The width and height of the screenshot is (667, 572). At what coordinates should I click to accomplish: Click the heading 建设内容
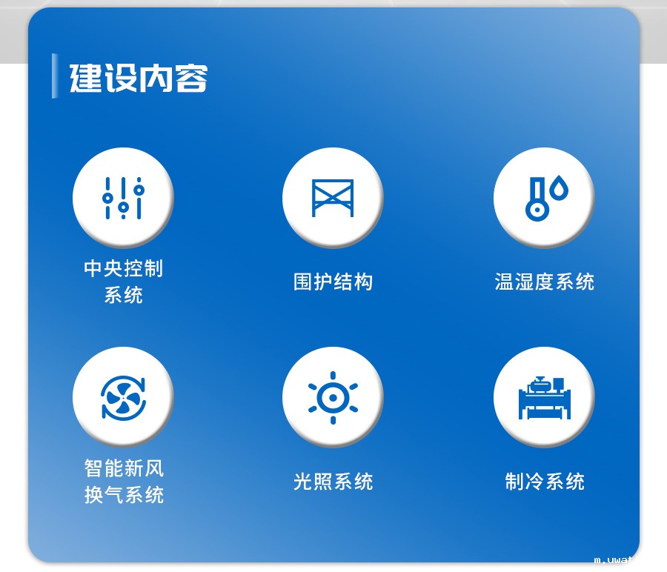point(139,78)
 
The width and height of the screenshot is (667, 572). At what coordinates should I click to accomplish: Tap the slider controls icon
point(123,198)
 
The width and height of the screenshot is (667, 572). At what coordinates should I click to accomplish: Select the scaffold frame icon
point(333,198)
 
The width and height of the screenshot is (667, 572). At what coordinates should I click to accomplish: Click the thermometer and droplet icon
point(545,198)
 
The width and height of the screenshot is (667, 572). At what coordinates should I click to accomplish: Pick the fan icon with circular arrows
point(123,398)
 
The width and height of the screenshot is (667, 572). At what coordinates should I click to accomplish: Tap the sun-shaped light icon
point(333,398)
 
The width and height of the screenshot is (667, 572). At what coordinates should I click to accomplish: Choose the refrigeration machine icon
point(545,398)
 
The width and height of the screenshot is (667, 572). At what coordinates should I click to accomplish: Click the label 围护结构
point(333,282)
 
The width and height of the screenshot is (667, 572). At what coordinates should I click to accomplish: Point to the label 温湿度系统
point(545,282)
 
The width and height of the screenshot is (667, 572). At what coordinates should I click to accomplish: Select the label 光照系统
point(333,482)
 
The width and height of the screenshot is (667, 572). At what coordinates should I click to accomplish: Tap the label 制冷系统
point(545,482)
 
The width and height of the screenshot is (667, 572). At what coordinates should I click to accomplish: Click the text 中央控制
point(123,268)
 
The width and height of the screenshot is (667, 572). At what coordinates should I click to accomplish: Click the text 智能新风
point(124,468)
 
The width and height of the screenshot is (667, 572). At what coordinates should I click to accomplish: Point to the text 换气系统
point(124,495)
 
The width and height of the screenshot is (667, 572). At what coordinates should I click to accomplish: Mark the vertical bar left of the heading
point(54,76)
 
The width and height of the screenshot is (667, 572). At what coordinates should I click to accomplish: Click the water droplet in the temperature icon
point(560,190)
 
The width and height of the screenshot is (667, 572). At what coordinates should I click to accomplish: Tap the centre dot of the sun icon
point(333,398)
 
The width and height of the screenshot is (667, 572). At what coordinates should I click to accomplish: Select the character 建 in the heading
point(85,78)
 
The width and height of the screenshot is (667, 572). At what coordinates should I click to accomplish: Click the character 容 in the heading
point(192,78)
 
